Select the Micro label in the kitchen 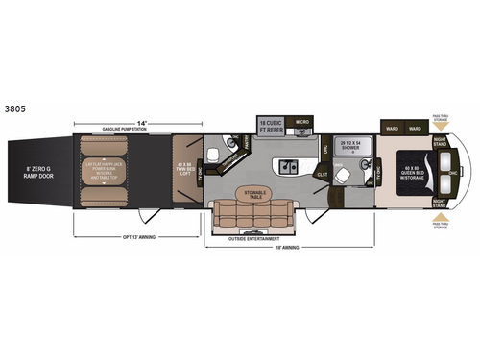click(x=302, y=123)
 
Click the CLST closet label click(x=323, y=175)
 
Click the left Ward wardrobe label click(x=391, y=127)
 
